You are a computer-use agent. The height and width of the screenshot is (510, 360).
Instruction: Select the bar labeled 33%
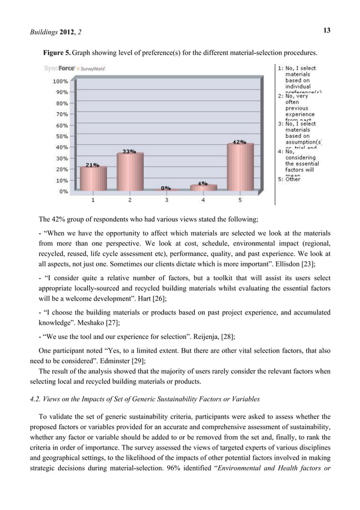129,172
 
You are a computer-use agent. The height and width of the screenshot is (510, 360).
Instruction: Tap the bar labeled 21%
93,178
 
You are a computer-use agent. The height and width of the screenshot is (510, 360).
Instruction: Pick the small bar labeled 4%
203,188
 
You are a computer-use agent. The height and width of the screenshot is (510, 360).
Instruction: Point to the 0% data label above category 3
166,188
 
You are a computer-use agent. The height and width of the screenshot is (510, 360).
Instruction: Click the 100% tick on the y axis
61,81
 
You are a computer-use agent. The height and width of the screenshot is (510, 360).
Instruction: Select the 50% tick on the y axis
62,136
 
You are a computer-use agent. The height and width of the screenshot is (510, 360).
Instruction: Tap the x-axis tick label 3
166,200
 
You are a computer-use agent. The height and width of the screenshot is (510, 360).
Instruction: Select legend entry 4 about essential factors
298,163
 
